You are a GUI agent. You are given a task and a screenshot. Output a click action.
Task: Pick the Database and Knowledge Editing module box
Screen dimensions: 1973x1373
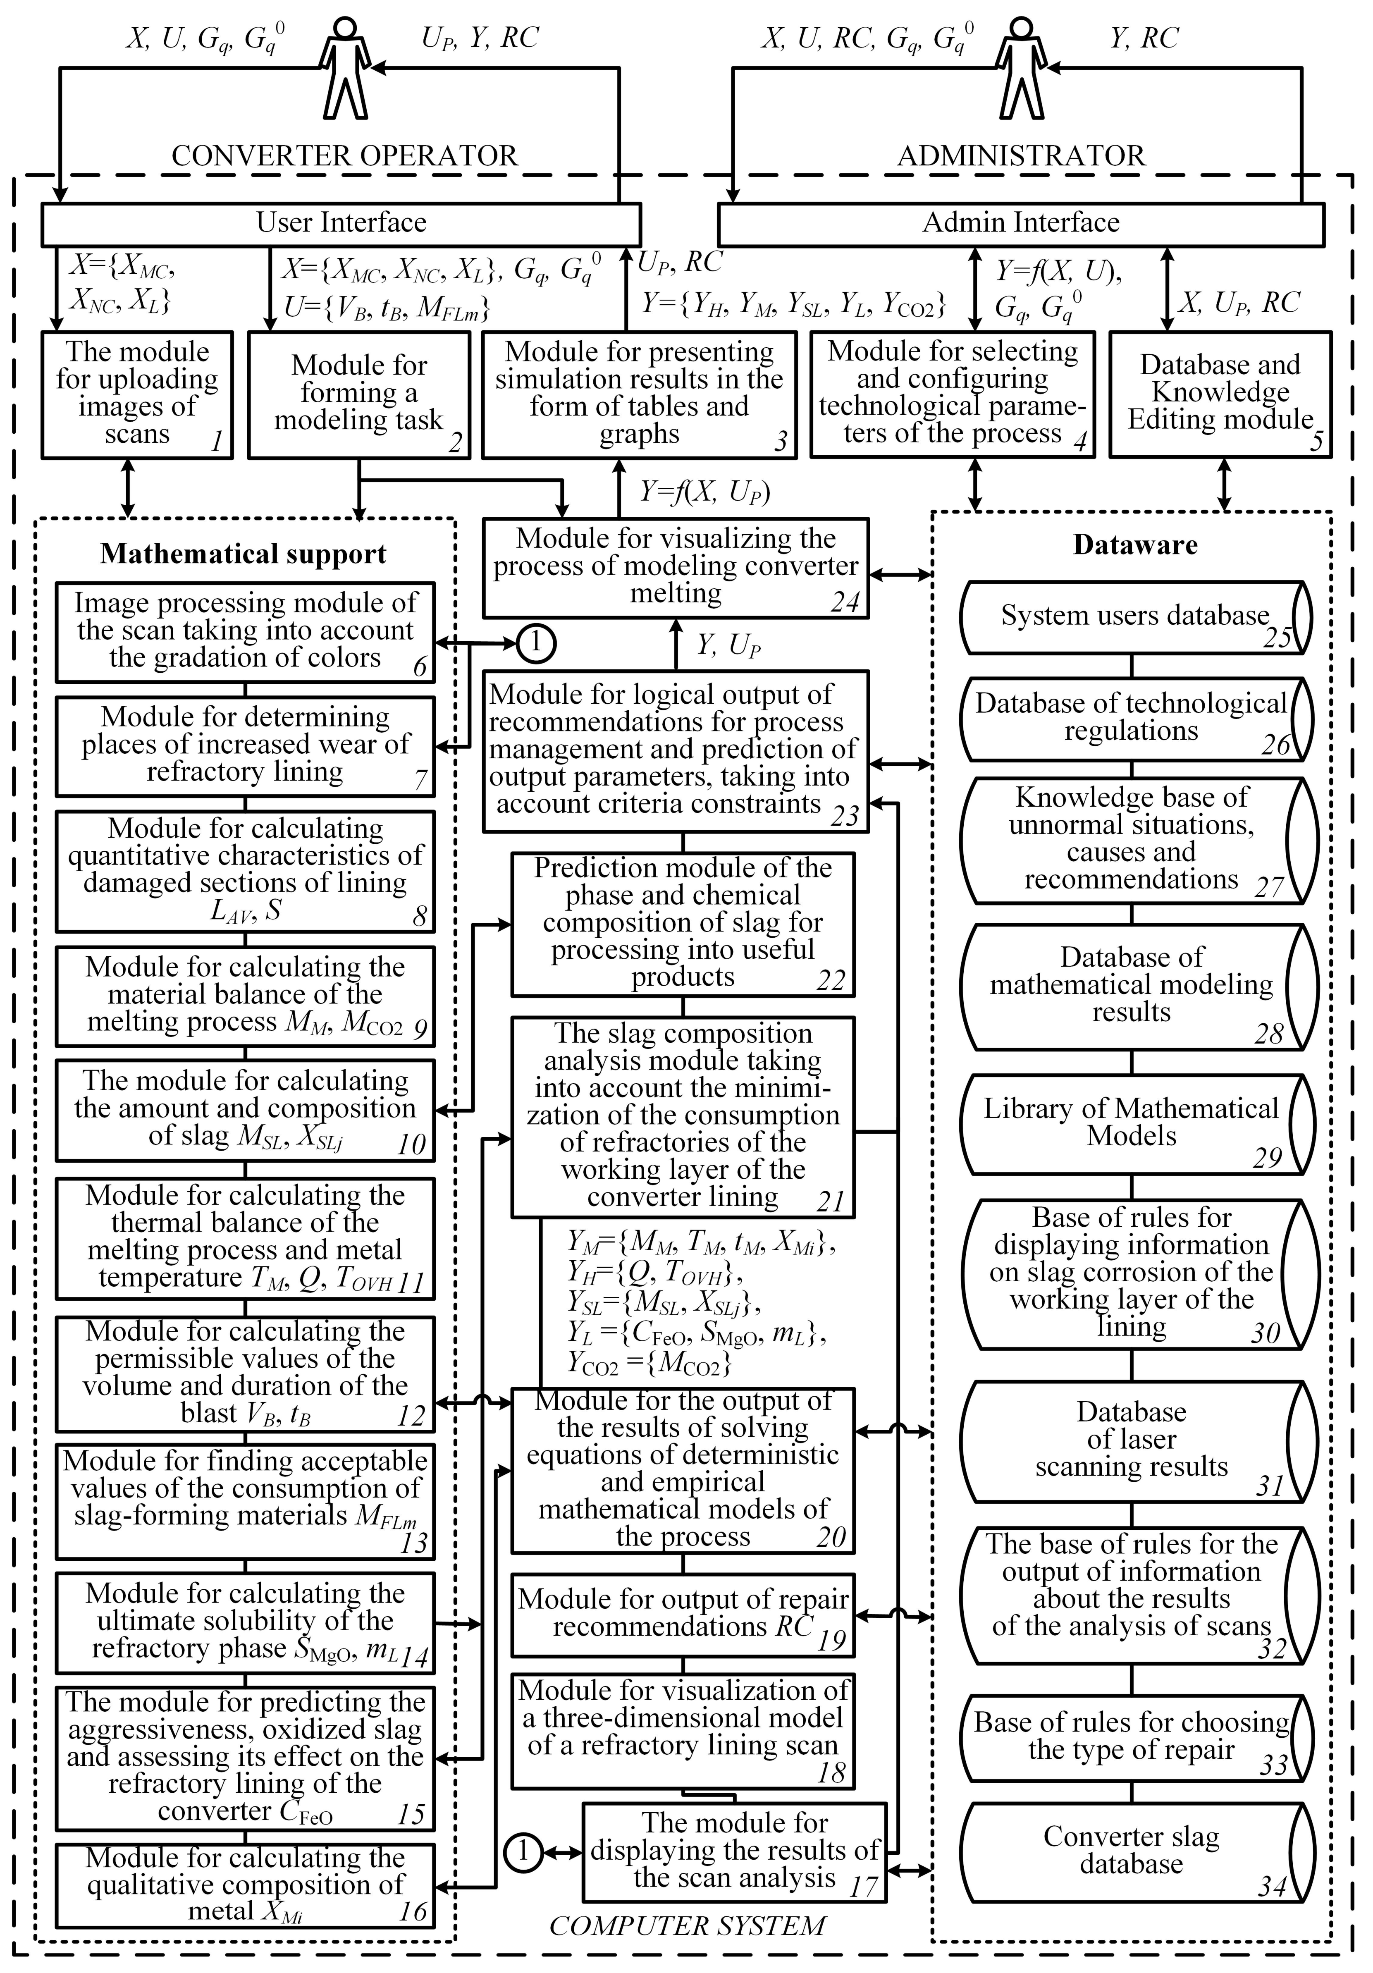click(x=1220, y=394)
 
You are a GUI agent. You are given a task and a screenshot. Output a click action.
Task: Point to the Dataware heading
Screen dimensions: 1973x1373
click(x=1135, y=545)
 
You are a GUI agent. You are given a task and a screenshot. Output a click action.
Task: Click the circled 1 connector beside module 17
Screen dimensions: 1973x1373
click(x=523, y=1852)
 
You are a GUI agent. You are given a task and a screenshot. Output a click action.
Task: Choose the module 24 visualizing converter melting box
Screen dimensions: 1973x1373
click(x=675, y=567)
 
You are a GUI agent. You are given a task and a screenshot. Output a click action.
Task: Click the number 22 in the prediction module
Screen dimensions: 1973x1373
click(x=831, y=980)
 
